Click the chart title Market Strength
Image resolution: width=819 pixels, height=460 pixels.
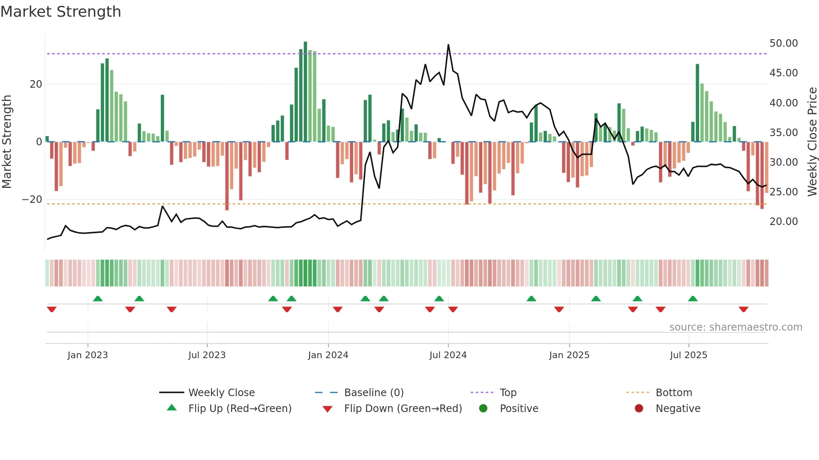pyautogui.click(x=61, y=12)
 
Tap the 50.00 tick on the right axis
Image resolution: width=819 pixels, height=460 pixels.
pyautogui.click(x=783, y=43)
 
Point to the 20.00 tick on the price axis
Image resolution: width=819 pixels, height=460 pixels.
pyautogui.click(x=783, y=222)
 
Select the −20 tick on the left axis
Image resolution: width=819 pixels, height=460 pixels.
pyautogui.click(x=32, y=200)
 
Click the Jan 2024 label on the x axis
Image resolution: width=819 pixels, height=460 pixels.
pyautogui.click(x=328, y=355)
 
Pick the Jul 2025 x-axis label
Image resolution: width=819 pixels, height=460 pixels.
pyautogui.click(x=688, y=355)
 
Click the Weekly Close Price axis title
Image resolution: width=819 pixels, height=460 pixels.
pyautogui.click(x=812, y=142)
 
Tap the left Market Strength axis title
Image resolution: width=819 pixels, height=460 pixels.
pyautogui.click(x=7, y=142)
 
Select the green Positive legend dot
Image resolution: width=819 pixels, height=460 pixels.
pyautogui.click(x=483, y=409)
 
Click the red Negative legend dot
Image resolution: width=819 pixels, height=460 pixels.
pyautogui.click(x=639, y=409)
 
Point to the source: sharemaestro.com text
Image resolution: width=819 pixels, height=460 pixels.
pyautogui.click(x=735, y=327)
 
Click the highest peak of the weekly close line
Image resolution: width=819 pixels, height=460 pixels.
pyautogui.click(x=448, y=45)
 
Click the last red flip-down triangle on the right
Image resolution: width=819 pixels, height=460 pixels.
pyautogui.click(x=743, y=309)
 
